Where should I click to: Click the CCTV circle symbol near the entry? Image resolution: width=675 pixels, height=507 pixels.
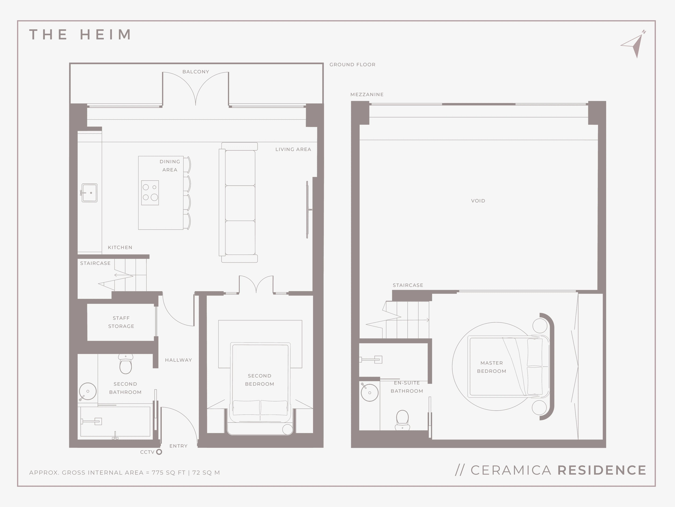pyautogui.click(x=159, y=452)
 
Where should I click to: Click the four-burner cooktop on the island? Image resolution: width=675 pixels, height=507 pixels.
pyautogui.click(x=150, y=193)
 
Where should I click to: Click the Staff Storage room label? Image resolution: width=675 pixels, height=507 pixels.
pyautogui.click(x=121, y=322)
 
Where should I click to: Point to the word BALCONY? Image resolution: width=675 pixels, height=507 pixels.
pyautogui.click(x=196, y=72)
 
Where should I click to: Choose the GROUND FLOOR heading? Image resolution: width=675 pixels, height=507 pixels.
pyautogui.click(x=352, y=65)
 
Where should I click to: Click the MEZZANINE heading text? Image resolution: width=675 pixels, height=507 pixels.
pyautogui.click(x=367, y=95)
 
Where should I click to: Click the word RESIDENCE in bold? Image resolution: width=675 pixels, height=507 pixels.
pyautogui.click(x=602, y=470)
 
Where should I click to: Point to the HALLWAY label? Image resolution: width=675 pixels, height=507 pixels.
pyautogui.click(x=179, y=360)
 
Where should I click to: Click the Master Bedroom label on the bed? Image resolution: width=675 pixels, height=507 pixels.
pyautogui.click(x=491, y=367)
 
